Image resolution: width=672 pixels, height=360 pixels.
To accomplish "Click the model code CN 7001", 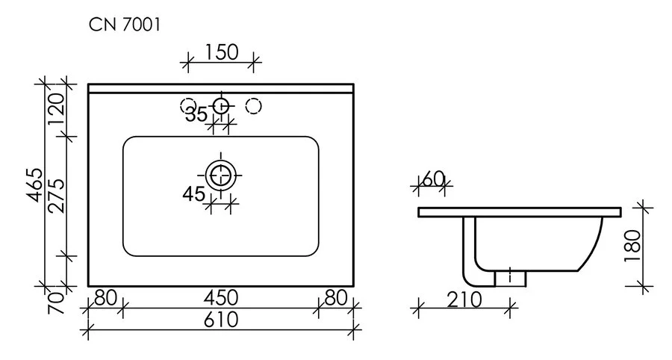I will click(x=124, y=25).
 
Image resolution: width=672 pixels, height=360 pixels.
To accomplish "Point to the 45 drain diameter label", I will click(x=193, y=194).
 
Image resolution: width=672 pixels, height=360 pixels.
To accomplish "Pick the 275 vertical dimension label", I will click(x=57, y=196).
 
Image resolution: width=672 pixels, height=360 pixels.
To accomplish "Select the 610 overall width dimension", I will click(x=221, y=320).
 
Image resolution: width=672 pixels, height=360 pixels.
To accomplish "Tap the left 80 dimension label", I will click(x=105, y=299).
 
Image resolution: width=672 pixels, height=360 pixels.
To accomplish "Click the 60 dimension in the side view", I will click(x=433, y=179).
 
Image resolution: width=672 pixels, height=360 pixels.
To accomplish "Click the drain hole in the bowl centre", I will click(x=221, y=176).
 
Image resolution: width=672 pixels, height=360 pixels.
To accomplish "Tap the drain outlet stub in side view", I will click(x=511, y=277).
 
